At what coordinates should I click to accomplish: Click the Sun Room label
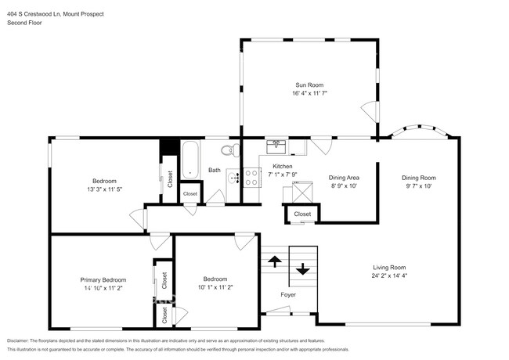(x=309, y=85)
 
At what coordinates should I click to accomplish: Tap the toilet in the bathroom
(x=228, y=149)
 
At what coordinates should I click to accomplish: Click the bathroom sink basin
(x=233, y=178)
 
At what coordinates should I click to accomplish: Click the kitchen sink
(x=277, y=146)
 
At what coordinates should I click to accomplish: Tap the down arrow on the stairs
(x=303, y=269)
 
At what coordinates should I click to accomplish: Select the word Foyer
(x=289, y=295)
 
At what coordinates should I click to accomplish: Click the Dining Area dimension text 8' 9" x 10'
(x=343, y=186)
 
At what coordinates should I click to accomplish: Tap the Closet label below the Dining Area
(x=301, y=214)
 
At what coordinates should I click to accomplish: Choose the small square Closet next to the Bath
(x=190, y=193)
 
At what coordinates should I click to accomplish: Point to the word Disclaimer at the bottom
(x=19, y=341)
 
